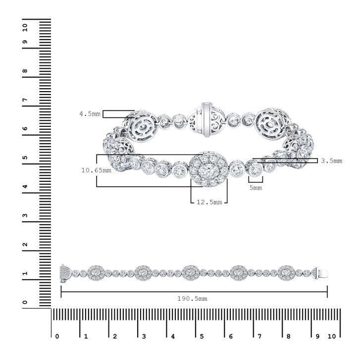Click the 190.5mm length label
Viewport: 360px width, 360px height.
(x=192, y=299)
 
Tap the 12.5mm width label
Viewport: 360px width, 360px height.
(x=209, y=202)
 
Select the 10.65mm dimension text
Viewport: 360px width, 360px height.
(x=96, y=170)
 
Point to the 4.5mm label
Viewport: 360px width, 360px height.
(x=90, y=114)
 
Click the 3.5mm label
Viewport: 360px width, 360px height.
(x=332, y=161)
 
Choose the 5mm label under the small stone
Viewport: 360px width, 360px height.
(x=256, y=188)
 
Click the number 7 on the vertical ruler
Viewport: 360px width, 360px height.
(x=25, y=100)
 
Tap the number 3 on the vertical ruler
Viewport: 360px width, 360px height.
(x=25, y=215)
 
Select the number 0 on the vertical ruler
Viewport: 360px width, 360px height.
(x=25, y=302)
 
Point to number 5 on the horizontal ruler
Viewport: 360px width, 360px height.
(x=202, y=337)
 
